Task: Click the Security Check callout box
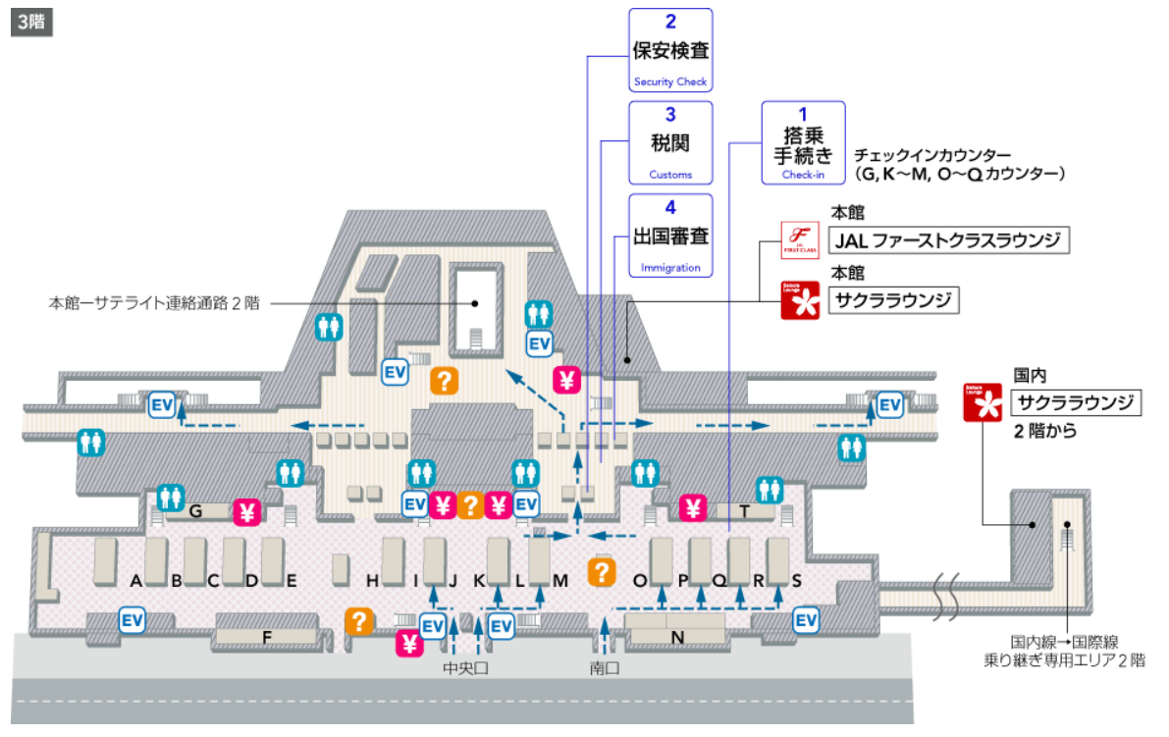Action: (670, 50)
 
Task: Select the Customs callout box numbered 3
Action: (670, 143)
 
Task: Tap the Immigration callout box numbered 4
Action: (670, 236)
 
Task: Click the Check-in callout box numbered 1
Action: (803, 143)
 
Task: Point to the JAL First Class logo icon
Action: (799, 240)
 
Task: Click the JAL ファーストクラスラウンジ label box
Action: (948, 240)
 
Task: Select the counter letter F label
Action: (266, 637)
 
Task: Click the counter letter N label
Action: (676, 637)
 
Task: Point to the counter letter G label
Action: (195, 510)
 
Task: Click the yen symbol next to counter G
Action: (247, 511)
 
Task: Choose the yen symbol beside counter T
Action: (694, 507)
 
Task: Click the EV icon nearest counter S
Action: (806, 620)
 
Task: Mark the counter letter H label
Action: (372, 581)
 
